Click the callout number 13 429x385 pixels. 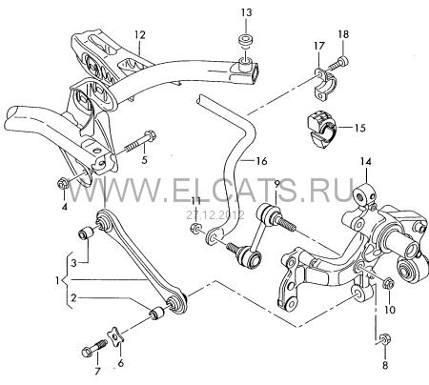tap(246, 13)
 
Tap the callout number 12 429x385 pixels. tap(139, 34)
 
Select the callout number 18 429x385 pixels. tap(343, 34)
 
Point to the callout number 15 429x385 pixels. tap(360, 128)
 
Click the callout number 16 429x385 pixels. tap(261, 161)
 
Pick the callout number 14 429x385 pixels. tap(366, 162)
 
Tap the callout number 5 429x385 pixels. tap(144, 160)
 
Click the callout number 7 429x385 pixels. tap(97, 371)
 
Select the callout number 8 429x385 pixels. tap(385, 366)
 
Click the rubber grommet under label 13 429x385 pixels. tap(246, 40)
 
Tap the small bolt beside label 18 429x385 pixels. tap(337, 63)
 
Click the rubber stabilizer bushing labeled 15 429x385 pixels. tap(321, 130)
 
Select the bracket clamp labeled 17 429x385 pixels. tap(323, 83)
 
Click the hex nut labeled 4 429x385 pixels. tap(62, 183)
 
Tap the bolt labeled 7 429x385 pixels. tap(93, 347)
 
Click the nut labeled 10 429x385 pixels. tap(388, 283)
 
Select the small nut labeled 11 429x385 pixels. tap(196, 228)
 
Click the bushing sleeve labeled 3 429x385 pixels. tap(86, 233)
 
